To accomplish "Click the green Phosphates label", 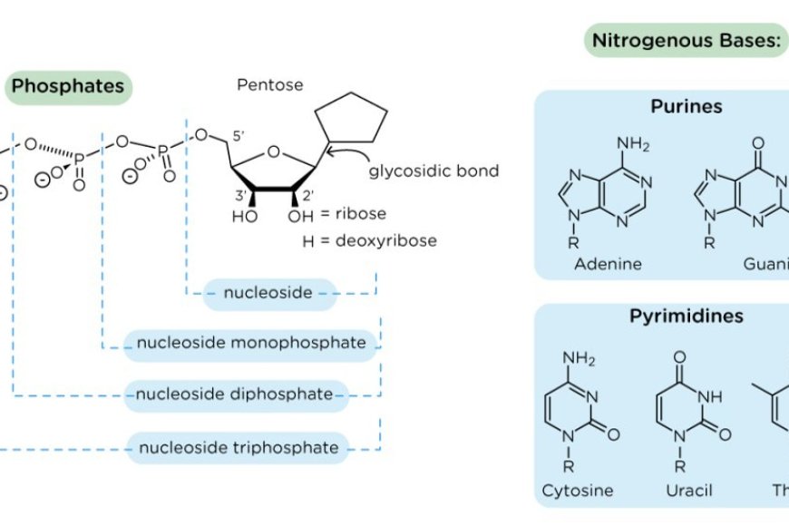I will (x=68, y=87).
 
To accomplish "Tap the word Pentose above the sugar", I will (x=270, y=85).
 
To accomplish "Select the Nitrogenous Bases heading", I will (x=686, y=41).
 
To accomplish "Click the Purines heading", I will (x=686, y=106).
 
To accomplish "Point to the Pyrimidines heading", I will (x=686, y=317).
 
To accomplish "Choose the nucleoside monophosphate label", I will (x=251, y=343).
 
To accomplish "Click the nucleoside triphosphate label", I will (x=238, y=447).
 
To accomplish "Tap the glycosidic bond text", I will (x=433, y=170).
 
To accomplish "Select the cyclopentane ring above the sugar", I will (x=352, y=116).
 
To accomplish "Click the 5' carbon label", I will (x=239, y=136).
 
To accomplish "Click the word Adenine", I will (x=608, y=264).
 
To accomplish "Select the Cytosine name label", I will (x=578, y=491).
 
